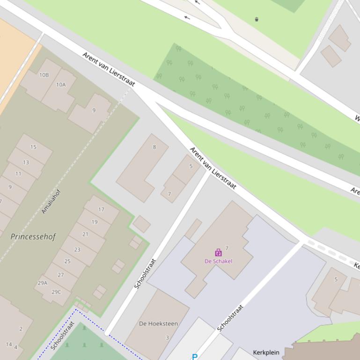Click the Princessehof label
[33, 237]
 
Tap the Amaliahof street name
[51, 201]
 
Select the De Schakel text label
[218, 261]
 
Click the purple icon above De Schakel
[218, 253]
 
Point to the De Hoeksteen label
[158, 324]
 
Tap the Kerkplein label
[266, 353]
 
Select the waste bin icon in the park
[257, 19]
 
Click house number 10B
[44, 75]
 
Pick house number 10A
[61, 85]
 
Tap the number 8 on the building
[154, 147]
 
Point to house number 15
[33, 147]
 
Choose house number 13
[26, 162]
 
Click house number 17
[101, 209]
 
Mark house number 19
[95, 222]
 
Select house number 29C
[56, 292]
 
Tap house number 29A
[42, 283]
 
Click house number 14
[9, 344]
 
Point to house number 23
[77, 250]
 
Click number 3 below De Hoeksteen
[167, 338]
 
